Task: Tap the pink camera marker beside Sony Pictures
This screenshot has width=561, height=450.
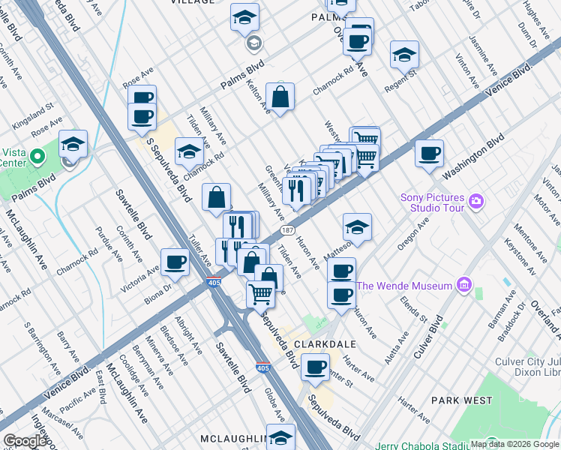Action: tap(476, 201)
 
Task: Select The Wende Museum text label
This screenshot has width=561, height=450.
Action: tap(403, 286)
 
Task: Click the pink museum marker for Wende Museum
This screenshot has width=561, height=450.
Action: tap(463, 285)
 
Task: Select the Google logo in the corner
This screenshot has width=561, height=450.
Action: tap(25, 441)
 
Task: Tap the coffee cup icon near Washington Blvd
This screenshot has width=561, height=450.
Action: tap(429, 153)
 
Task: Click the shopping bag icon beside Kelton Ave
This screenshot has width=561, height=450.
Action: tap(280, 97)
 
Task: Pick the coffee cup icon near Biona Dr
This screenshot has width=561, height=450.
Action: tap(175, 262)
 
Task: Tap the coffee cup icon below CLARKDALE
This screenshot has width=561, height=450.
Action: tap(315, 367)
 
